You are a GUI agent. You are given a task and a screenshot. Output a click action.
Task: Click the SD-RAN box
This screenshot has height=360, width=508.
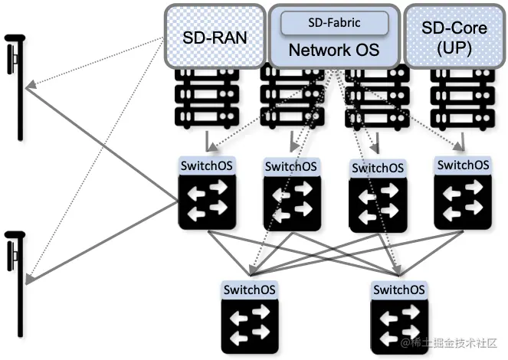(215, 36)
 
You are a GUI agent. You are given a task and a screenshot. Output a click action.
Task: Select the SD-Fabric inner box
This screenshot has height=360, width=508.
(334, 24)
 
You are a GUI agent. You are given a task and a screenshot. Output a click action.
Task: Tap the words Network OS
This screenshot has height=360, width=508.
(333, 51)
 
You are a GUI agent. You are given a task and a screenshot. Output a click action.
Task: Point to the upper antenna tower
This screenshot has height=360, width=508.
(15, 84)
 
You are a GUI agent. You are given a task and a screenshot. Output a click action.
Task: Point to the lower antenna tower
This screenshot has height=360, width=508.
(15, 280)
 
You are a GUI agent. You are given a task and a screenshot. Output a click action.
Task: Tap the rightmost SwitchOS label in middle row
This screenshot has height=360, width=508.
(462, 165)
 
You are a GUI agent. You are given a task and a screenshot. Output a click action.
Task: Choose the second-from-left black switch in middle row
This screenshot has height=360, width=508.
(290, 201)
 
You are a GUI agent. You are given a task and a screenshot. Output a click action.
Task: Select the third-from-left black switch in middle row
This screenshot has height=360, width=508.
(376, 202)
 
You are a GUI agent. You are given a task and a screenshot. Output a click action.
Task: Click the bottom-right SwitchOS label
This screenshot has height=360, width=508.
(398, 290)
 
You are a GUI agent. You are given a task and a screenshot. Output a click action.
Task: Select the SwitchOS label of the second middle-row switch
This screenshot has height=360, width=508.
(290, 166)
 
